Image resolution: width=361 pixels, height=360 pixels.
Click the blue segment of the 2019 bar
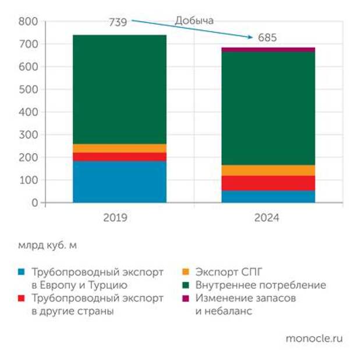click(x=119, y=182)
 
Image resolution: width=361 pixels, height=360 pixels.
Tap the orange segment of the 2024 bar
click(x=268, y=170)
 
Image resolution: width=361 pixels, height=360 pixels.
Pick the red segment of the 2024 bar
click(x=268, y=183)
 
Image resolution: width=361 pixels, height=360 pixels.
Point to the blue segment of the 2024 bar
click(x=268, y=196)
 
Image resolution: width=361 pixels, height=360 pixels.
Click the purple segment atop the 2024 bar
click(x=268, y=50)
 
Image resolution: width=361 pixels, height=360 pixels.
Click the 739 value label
click(x=118, y=22)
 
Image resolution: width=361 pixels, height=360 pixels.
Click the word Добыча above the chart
click(x=194, y=20)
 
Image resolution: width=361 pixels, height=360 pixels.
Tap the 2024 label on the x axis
click(x=267, y=218)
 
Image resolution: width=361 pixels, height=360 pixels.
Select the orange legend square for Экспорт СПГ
click(x=186, y=272)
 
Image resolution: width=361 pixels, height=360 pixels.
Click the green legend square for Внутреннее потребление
click(x=186, y=285)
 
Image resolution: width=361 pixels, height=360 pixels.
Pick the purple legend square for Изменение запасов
click(x=186, y=298)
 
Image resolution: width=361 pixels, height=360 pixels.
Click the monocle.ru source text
click(x=314, y=338)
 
